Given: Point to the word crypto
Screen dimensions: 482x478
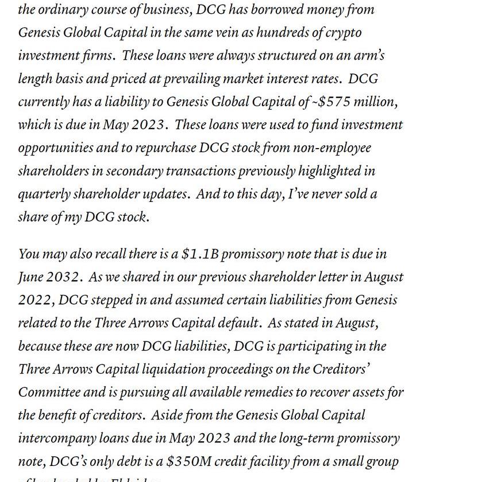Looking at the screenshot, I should coord(344,33).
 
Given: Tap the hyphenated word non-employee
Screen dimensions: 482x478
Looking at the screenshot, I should coord(332,147).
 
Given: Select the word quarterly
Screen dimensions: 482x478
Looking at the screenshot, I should coord(41,194).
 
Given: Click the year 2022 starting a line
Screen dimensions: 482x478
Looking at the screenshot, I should coord(35,300).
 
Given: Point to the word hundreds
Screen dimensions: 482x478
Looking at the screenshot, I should coord(283,33).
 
